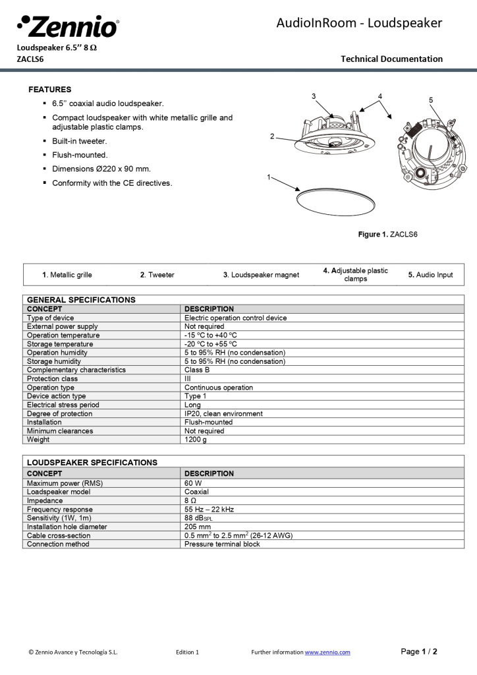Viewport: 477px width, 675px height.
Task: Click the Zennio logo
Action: [x=68, y=27]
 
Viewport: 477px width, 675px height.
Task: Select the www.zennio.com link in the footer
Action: [x=327, y=652]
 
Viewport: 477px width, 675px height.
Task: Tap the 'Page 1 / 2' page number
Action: [x=419, y=651]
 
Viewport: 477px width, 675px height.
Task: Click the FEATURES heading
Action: [x=50, y=90]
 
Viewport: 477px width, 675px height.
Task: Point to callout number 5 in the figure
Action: [x=431, y=100]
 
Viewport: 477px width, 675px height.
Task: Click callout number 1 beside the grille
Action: [x=269, y=177]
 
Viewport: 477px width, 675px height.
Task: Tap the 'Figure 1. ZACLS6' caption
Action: [x=387, y=235]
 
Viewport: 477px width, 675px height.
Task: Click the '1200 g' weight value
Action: [x=195, y=440]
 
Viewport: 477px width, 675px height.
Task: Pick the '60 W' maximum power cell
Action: [x=193, y=483]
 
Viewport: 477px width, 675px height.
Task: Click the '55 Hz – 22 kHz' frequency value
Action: [x=209, y=510]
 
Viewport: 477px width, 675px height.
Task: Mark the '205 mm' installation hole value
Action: [x=198, y=527]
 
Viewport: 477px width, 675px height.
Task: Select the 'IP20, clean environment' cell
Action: [x=223, y=414]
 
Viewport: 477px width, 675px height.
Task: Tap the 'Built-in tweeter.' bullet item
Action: [x=79, y=141]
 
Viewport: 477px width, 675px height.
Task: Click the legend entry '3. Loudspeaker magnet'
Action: [x=261, y=275]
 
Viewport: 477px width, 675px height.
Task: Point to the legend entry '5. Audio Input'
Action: [x=430, y=275]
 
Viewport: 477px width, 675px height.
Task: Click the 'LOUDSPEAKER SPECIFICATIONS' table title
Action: [x=92, y=463]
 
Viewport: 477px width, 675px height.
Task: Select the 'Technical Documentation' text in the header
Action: [x=391, y=59]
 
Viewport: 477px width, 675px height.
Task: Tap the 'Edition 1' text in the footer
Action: [x=187, y=652]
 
